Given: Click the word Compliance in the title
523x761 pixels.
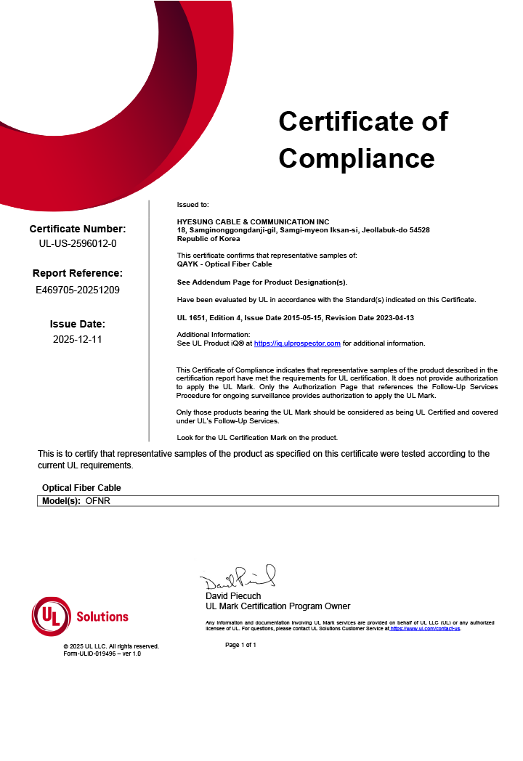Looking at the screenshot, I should click(356, 158).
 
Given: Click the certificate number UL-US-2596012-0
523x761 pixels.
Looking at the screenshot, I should click(78, 243).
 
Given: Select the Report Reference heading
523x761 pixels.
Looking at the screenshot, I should click(78, 274).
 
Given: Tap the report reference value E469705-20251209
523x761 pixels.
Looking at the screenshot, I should click(78, 290).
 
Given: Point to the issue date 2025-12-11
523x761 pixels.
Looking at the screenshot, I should click(78, 339).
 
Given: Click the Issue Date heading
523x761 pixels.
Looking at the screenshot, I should click(78, 324).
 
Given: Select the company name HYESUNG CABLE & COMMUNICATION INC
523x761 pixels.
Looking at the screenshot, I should click(253, 222).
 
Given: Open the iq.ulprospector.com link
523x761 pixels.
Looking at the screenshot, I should click(297, 343).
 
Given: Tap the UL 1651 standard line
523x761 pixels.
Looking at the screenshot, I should click(296, 318).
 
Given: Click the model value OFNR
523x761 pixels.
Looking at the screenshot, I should click(97, 501).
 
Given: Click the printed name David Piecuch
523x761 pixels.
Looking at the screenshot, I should click(233, 596).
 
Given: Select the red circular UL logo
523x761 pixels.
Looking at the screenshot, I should click(51, 616).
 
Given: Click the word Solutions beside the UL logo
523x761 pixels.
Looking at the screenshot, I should click(102, 616).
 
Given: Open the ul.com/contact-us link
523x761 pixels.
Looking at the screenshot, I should click(425, 629).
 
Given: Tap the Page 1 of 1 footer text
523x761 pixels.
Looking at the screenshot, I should click(240, 645).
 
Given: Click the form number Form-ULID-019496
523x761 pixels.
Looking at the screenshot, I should click(102, 654).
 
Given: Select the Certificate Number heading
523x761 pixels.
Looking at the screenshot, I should click(78, 229).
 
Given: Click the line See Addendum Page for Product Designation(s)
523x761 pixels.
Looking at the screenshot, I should click(262, 282).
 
